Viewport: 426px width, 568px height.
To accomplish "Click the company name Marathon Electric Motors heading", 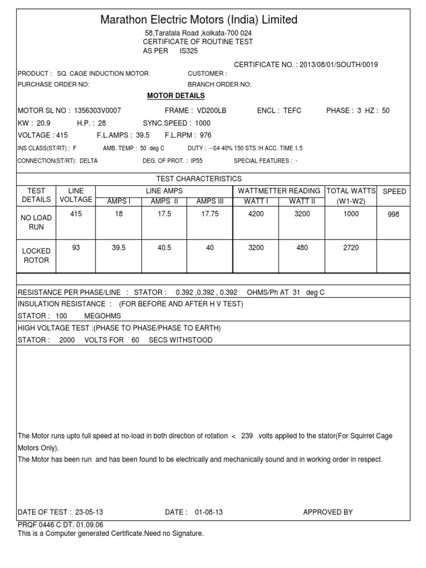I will [199, 20].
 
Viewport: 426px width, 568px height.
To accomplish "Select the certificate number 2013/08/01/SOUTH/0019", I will [338, 65].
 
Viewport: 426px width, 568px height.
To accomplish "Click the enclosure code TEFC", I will [292, 110].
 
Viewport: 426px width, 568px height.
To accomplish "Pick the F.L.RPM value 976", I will [205, 135].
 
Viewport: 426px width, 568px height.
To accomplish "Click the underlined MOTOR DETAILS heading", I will [168, 96].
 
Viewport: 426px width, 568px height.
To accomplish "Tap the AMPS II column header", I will [164, 201].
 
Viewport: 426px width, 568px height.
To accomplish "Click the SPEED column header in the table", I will [394, 191].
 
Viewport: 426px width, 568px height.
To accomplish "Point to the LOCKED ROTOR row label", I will [35, 256].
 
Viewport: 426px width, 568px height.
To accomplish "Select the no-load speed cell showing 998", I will [394, 215].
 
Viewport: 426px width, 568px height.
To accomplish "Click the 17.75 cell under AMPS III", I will [210, 214].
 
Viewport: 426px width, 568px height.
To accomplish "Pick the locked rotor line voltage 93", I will [76, 248].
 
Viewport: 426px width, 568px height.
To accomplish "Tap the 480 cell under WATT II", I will [302, 248].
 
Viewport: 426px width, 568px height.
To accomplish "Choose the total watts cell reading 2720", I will [351, 248].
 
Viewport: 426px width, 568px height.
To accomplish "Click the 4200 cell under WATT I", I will [255, 214].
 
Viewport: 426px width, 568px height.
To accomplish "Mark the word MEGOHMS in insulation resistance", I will [111, 316].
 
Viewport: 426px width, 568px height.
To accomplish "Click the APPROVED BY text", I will [327, 512].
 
